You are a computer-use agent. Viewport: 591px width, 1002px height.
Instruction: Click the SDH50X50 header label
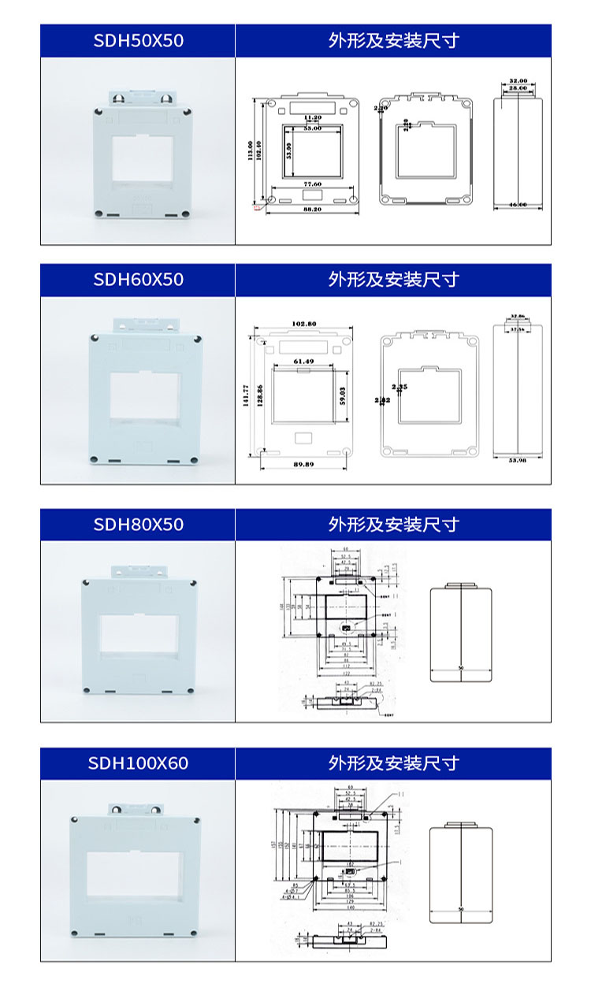[138, 41]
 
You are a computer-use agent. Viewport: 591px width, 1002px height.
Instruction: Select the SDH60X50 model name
[138, 280]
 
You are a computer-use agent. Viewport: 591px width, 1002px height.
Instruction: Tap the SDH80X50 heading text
[138, 525]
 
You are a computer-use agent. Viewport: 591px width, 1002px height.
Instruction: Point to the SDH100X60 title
[138, 763]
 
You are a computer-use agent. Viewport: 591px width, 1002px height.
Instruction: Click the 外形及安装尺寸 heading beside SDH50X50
[393, 41]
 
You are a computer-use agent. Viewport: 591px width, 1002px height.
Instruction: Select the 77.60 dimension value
[313, 184]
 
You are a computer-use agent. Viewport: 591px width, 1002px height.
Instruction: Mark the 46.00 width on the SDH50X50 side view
[518, 205]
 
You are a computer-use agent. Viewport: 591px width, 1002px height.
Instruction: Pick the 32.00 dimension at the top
[518, 81]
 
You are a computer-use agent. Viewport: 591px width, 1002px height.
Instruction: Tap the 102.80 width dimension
[303, 324]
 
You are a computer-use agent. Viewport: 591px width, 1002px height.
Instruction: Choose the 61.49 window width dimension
[303, 361]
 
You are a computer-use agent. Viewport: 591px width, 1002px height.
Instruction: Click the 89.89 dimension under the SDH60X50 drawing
[303, 465]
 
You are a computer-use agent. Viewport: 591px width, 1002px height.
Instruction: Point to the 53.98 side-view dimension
[518, 459]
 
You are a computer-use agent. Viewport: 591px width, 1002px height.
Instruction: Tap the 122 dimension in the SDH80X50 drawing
[347, 674]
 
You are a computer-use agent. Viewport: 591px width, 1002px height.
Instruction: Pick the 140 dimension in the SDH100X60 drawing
[347, 908]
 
